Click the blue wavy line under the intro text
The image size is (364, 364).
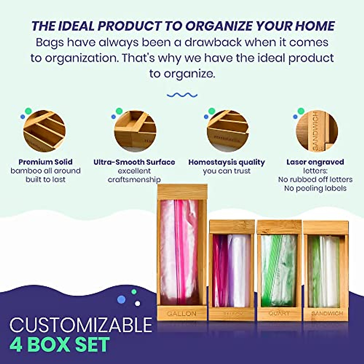[182, 95]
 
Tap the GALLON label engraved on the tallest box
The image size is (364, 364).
[182, 313]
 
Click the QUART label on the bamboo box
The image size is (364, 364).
[279, 313]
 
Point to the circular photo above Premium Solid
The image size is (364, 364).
[44, 131]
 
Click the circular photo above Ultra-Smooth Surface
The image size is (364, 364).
[135, 131]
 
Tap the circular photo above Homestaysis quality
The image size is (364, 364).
[227, 131]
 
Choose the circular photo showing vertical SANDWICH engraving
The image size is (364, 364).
[317, 131]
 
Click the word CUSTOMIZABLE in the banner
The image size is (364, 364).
[81, 325]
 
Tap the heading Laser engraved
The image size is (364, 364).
[315, 162]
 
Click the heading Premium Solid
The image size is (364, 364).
[45, 162]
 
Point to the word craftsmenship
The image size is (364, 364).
[134, 180]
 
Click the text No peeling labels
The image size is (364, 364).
[315, 188]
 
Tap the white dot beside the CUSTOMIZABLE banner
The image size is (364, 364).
[137, 303]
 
